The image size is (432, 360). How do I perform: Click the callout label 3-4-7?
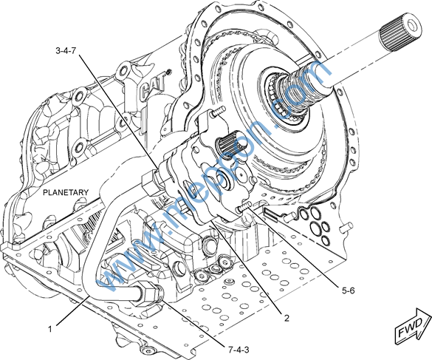pyautogui.click(x=66, y=51)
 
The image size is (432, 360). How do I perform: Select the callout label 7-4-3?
pyautogui.click(x=239, y=350)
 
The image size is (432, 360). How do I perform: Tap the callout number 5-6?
pyautogui.click(x=349, y=291)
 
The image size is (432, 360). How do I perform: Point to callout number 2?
pyautogui.click(x=287, y=318)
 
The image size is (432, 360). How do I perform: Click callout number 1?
pyautogui.click(x=50, y=329)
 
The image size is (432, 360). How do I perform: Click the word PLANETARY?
pyautogui.click(x=66, y=192)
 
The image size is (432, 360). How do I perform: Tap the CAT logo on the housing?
pyautogui.click(x=153, y=86)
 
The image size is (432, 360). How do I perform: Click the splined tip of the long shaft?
pyautogui.click(x=400, y=34)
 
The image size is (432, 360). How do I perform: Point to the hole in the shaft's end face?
pyautogui.click(x=412, y=25)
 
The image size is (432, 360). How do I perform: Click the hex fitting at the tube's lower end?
pyautogui.click(x=145, y=294)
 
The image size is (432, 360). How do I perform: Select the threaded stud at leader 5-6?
pyautogui.click(x=244, y=207)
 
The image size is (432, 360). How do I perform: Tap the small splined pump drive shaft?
pyautogui.click(x=227, y=143)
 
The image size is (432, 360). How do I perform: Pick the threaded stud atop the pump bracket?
pyautogui.click(x=218, y=112)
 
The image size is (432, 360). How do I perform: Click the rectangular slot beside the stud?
pyautogui.click(x=270, y=214)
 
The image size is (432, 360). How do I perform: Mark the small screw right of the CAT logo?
pyautogui.click(x=168, y=72)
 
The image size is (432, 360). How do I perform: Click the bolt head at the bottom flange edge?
pyautogui.click(x=147, y=351)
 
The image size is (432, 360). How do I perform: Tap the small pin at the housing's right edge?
pyautogui.click(x=346, y=227)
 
